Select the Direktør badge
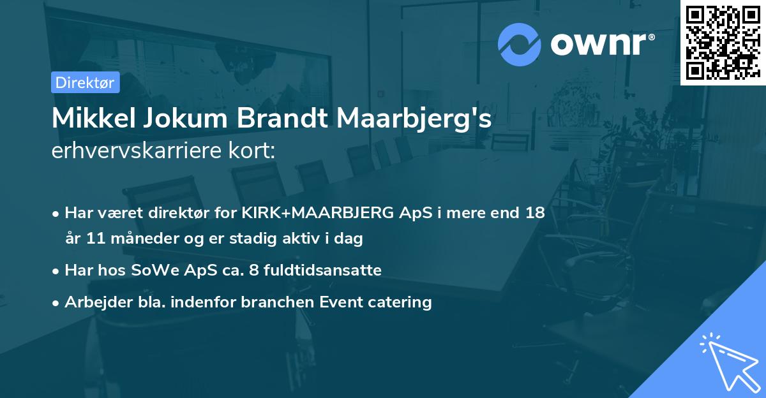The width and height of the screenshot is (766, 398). pyautogui.click(x=85, y=82)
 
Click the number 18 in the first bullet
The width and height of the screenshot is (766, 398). pyautogui.click(x=535, y=213)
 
